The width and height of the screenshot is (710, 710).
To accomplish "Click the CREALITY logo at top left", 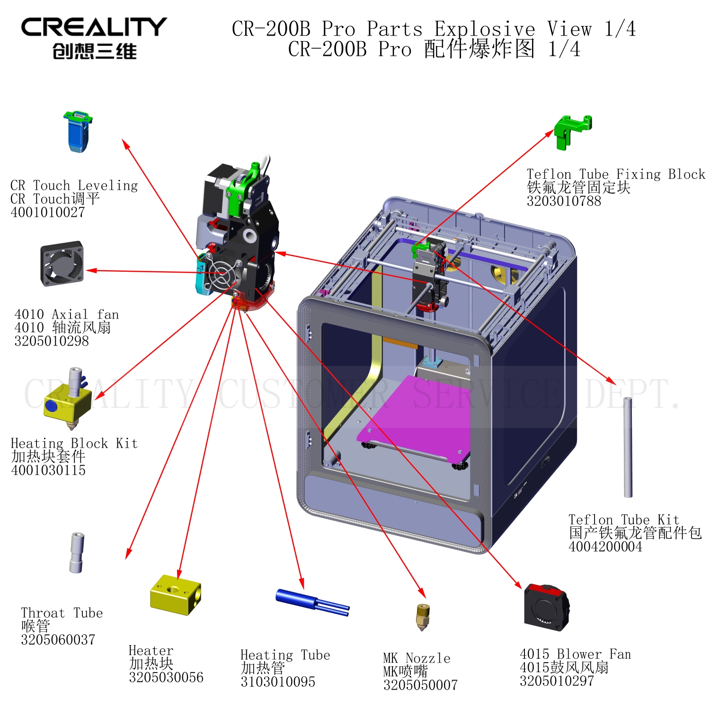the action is [94, 38].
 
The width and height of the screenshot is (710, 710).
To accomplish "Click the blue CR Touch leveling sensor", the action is [78, 132].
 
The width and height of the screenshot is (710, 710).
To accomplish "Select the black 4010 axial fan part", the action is [62, 264].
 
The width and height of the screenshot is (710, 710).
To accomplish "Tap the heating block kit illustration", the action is [68, 399].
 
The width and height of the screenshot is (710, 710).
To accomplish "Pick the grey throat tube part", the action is [77, 553].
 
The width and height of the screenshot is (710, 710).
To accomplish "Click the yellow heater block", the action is [176, 595].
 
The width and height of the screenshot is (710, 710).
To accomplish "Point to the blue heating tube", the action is [312, 602].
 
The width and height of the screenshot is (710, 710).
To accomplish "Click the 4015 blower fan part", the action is [547, 608].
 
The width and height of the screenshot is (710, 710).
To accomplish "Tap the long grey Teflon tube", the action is [628, 447].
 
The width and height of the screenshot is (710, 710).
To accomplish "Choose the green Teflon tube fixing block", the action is [573, 132].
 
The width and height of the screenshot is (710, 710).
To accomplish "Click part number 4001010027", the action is [48, 212].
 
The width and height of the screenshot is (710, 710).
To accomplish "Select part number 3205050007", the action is [420, 685].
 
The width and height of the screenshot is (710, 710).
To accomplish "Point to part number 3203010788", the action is [564, 201].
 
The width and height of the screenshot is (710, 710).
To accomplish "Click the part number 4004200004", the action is [605, 546].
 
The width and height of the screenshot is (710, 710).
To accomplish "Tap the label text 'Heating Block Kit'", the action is [74, 444].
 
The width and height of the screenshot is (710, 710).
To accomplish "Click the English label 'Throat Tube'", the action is [62, 613].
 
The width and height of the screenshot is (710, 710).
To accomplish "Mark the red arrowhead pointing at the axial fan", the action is [91, 271].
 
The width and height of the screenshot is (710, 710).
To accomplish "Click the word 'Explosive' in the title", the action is [485, 29].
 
